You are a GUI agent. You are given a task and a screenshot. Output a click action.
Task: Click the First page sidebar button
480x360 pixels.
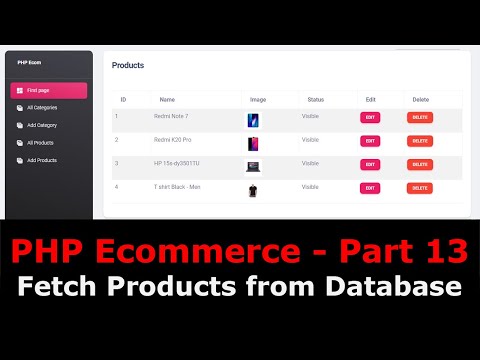(x=48, y=91)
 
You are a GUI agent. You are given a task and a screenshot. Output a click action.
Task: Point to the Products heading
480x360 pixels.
(x=127, y=65)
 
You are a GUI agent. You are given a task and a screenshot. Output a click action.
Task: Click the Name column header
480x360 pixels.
(x=167, y=99)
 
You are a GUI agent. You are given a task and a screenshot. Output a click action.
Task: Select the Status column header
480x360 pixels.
(x=316, y=99)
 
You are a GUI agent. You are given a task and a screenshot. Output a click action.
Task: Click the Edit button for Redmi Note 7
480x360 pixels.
(x=370, y=117)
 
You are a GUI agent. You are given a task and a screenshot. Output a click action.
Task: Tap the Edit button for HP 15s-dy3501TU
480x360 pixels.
(x=370, y=164)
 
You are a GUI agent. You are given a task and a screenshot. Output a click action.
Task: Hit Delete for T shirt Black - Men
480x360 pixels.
(x=420, y=188)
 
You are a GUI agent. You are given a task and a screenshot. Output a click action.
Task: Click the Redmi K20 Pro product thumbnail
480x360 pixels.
(x=253, y=143)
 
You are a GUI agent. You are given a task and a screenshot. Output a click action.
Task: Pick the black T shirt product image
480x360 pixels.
(x=253, y=189)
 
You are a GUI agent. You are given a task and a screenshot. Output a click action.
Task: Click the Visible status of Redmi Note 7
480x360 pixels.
(x=310, y=116)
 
